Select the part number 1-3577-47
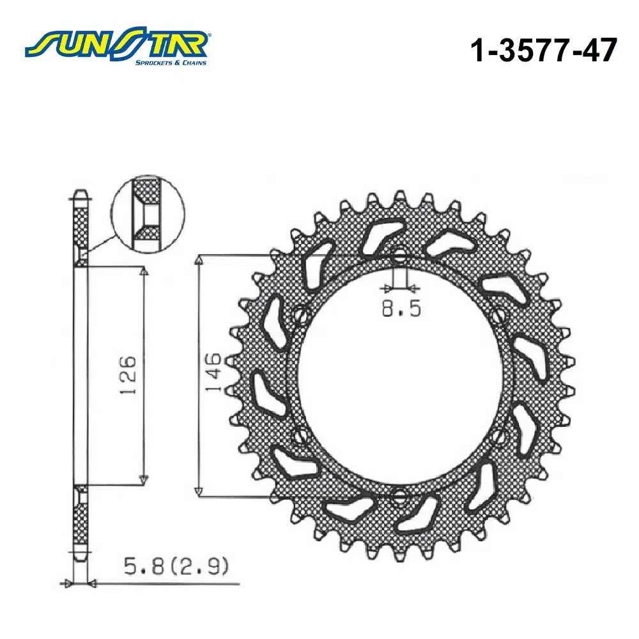click(543, 50)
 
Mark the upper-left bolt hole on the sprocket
click(300, 315)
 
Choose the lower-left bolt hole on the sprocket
click(300, 436)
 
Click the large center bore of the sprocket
click(399, 376)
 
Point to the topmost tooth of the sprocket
click(400, 196)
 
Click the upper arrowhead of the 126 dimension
click(144, 272)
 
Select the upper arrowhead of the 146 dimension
click(199, 259)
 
